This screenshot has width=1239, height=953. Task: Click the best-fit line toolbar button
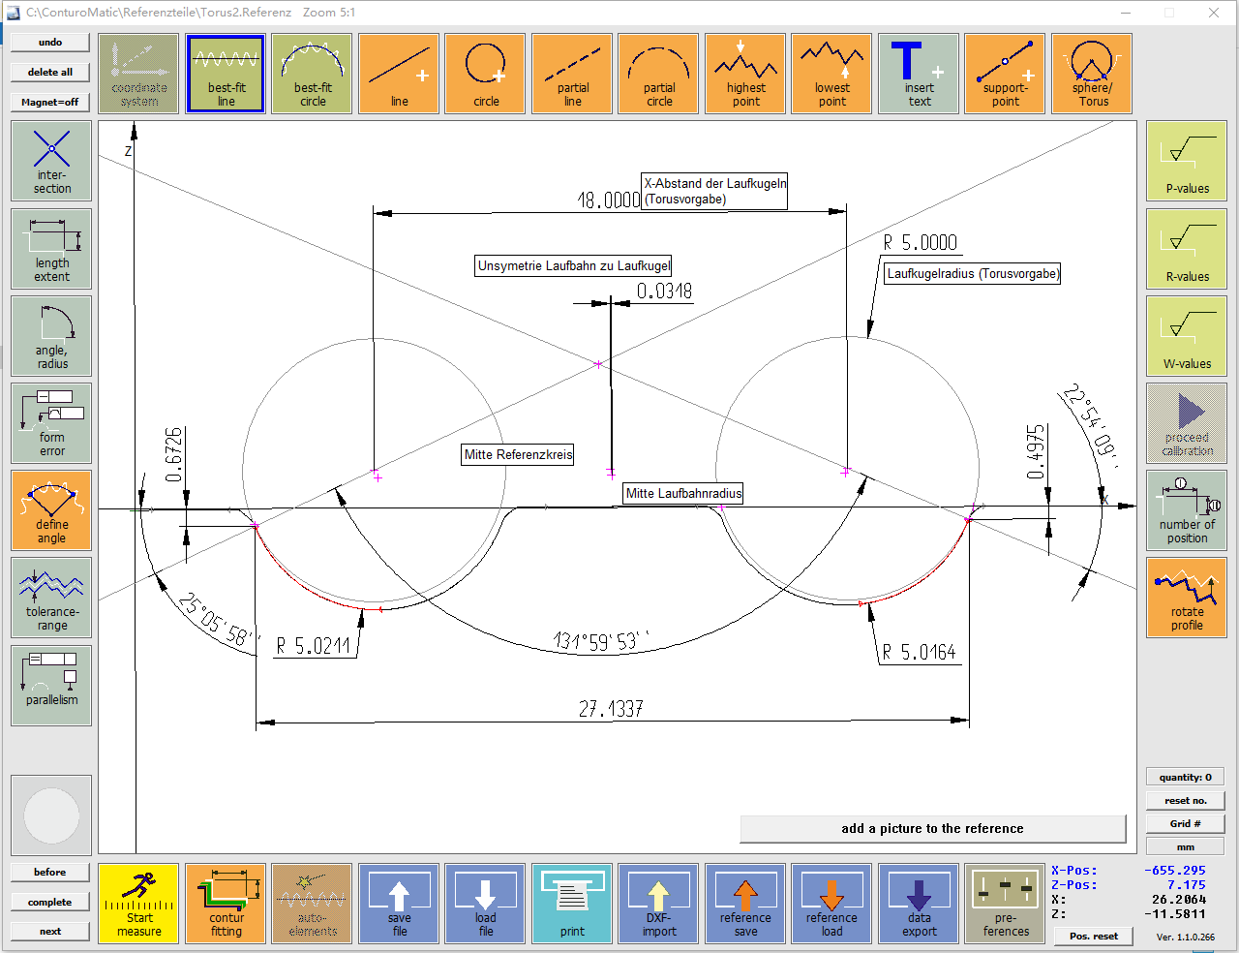click(226, 74)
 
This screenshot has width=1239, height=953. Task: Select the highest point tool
click(745, 74)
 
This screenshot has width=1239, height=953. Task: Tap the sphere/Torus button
click(1091, 74)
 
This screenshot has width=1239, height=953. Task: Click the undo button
click(50, 43)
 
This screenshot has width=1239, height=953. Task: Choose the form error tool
click(51, 422)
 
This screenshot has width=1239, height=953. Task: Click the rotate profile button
click(1186, 598)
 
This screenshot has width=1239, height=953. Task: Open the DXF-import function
click(658, 904)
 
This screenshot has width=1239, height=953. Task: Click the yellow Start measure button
click(138, 904)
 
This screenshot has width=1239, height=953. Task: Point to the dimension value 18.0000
click(609, 200)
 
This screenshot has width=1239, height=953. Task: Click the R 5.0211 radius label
click(313, 646)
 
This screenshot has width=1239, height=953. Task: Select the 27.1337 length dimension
click(611, 709)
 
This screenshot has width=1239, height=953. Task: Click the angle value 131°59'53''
click(601, 641)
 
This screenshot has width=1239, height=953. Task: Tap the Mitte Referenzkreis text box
click(518, 454)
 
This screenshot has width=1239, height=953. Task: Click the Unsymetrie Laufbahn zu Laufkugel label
click(573, 265)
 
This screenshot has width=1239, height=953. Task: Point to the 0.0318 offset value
click(664, 291)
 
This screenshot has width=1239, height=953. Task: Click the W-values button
click(1186, 335)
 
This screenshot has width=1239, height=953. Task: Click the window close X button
click(1214, 13)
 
